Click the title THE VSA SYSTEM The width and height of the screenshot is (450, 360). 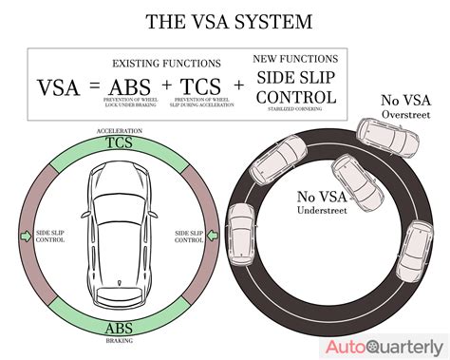[224, 21]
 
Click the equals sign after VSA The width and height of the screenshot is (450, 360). [93, 89]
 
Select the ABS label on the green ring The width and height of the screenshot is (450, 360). [119, 330]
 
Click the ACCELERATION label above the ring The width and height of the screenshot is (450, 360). [118, 130]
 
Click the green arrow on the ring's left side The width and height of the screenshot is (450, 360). [25, 234]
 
